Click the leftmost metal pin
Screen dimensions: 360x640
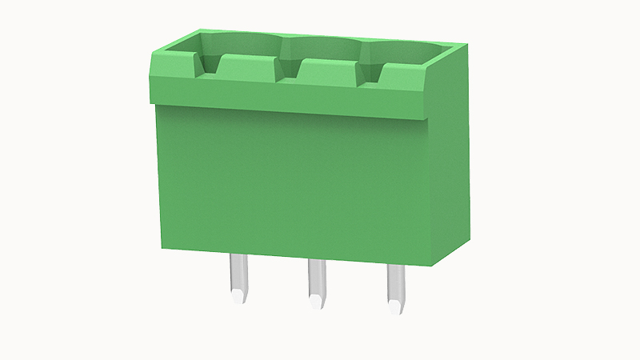238,276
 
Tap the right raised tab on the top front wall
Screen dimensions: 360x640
401,78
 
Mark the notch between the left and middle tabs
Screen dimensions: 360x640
287,73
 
